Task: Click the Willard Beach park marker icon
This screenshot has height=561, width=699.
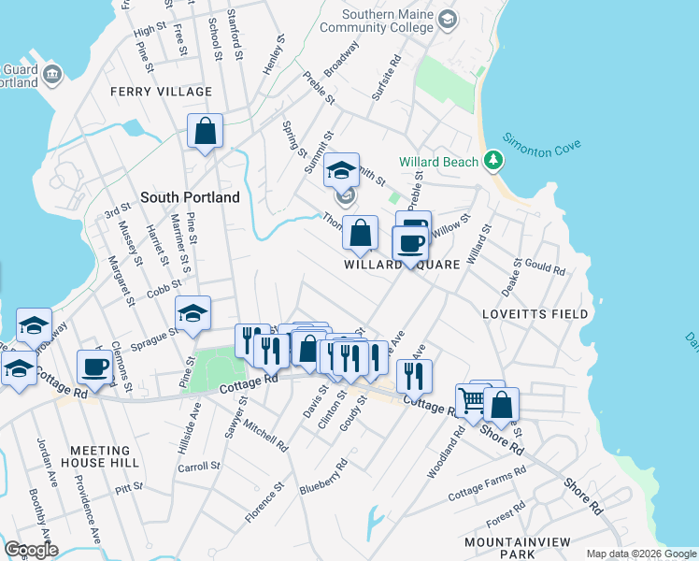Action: click(492, 162)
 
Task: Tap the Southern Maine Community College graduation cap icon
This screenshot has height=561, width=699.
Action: click(448, 19)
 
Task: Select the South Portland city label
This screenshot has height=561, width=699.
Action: click(190, 197)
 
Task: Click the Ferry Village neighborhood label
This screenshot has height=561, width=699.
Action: click(161, 92)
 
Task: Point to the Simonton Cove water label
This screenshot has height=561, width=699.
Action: click(542, 144)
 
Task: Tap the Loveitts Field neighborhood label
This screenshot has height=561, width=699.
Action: click(535, 313)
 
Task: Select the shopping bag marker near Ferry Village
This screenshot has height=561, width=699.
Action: click(205, 132)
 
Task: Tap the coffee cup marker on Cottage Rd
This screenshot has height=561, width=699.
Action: click(94, 367)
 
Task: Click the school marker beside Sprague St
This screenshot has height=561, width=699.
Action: click(193, 313)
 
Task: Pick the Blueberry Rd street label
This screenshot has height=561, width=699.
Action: click(323, 476)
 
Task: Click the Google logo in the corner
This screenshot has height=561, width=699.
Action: click(31, 550)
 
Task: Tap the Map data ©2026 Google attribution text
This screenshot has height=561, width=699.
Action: click(640, 554)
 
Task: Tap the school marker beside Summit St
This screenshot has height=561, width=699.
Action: click(342, 171)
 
